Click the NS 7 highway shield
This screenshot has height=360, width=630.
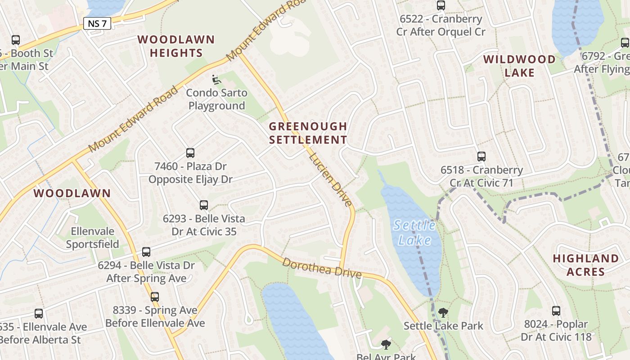coord(97,23)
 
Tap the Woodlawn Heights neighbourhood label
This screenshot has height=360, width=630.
coord(176,46)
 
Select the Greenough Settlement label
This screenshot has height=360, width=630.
coord(308,133)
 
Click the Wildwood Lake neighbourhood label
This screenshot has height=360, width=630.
coord(519,66)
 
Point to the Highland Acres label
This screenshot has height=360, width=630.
coord(585,265)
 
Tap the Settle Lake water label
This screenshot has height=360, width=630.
coord(414,232)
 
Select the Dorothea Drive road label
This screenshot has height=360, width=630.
coord(322,268)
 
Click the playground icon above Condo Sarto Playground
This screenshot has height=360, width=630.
coord(216,80)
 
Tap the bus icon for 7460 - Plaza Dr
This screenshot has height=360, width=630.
coord(190,153)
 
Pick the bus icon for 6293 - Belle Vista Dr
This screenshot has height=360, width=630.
coord(204,205)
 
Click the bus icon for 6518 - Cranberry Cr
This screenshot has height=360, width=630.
coord(481,157)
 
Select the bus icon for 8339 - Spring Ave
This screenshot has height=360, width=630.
coord(155,297)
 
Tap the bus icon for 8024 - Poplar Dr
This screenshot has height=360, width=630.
coord(556,311)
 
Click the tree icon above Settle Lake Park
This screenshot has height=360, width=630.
coord(443,312)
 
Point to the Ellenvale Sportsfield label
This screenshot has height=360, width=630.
coord(93,238)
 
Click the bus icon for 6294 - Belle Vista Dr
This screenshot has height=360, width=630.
coord(146,252)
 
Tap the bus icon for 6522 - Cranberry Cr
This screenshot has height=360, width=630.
coord(441,5)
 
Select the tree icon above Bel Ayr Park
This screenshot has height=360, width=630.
coord(386,345)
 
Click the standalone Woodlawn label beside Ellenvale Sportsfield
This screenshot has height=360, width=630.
coord(72,193)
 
